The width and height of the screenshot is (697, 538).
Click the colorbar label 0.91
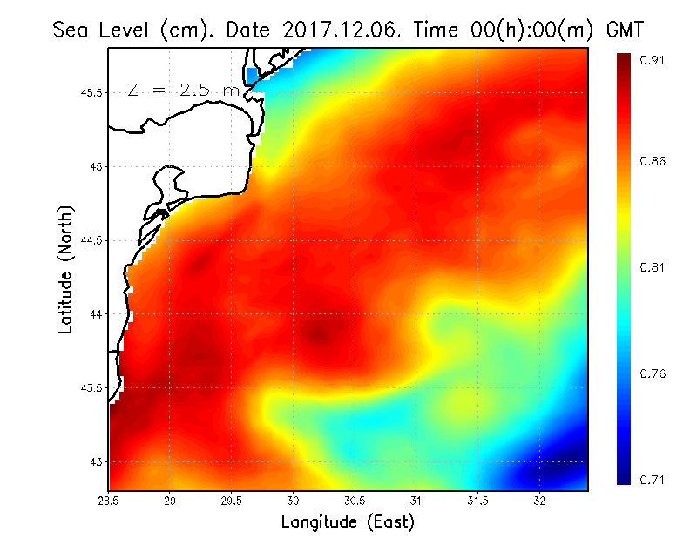(653, 60)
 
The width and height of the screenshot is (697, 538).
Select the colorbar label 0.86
(653, 162)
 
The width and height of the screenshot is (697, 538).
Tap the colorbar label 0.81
(653, 267)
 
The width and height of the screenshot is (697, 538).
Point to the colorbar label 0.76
(653, 373)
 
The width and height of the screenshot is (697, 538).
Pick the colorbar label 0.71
(653, 480)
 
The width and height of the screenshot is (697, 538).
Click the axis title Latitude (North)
(66, 270)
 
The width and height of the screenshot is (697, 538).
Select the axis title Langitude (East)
(348, 522)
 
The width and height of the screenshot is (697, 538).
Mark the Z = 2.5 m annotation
(183, 91)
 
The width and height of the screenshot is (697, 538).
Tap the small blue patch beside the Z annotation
(253, 76)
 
